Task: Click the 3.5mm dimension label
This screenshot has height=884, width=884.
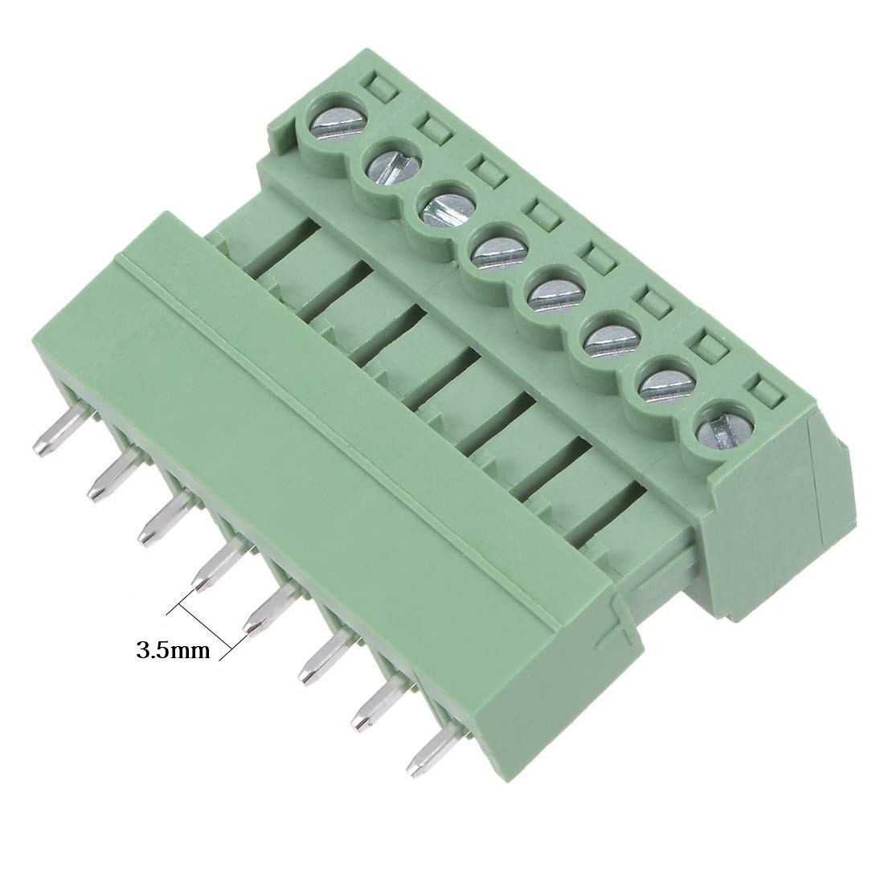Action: (x=173, y=650)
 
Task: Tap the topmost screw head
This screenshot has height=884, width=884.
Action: (x=332, y=121)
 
